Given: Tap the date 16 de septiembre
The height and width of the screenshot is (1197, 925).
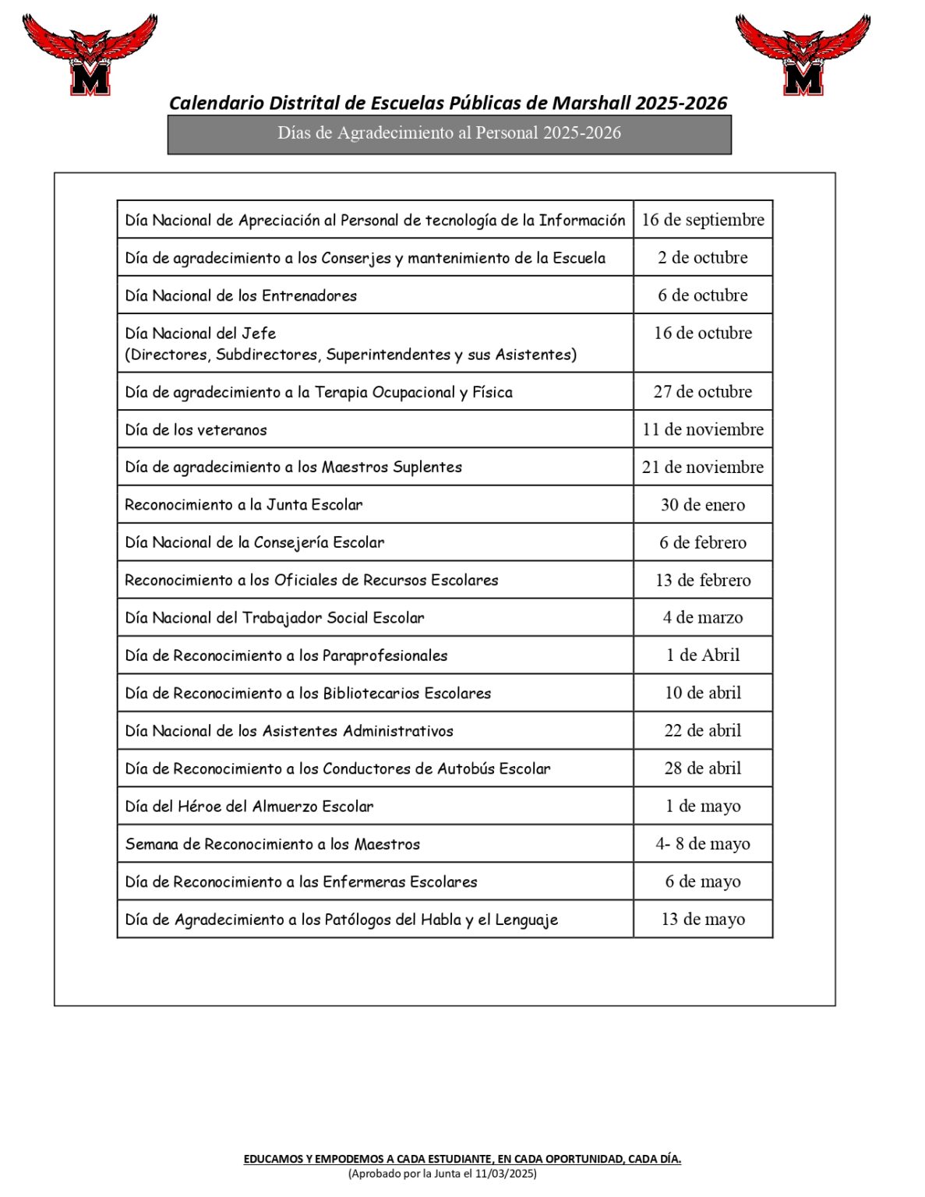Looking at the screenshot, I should pyautogui.click(x=702, y=220).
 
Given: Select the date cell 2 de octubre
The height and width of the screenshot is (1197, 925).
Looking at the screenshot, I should pyautogui.click(x=702, y=257).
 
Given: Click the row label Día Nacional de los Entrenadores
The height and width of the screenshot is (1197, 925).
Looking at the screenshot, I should pyautogui.click(x=241, y=295).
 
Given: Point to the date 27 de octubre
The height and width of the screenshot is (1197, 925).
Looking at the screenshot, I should pyautogui.click(x=702, y=391).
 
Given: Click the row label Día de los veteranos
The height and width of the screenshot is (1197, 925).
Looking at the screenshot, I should pyautogui.click(x=196, y=429).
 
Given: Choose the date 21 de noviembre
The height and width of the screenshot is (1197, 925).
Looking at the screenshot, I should pyautogui.click(x=702, y=467).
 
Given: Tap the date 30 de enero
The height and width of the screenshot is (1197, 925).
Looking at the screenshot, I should pyautogui.click(x=702, y=504).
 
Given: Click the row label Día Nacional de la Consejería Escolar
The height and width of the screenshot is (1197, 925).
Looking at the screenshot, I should pyautogui.click(x=254, y=542).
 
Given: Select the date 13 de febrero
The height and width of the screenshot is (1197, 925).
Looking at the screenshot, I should pyautogui.click(x=702, y=580).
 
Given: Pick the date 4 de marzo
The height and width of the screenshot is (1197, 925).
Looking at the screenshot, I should pyautogui.click(x=702, y=617).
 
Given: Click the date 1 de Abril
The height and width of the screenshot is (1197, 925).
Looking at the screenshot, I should pyautogui.click(x=702, y=655).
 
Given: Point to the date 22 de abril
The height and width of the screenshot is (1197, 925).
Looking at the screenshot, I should pyautogui.click(x=702, y=730).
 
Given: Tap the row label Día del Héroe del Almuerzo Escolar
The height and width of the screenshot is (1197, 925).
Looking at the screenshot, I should pyautogui.click(x=249, y=806).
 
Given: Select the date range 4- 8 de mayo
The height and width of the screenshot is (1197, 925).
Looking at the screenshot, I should pyautogui.click(x=702, y=843).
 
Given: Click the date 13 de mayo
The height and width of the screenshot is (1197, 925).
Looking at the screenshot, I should pyautogui.click(x=702, y=919).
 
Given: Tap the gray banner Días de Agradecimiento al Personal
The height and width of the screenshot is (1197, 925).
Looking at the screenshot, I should pyautogui.click(x=449, y=133).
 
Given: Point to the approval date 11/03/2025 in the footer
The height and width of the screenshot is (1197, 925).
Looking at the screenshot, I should pyautogui.click(x=507, y=1173).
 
